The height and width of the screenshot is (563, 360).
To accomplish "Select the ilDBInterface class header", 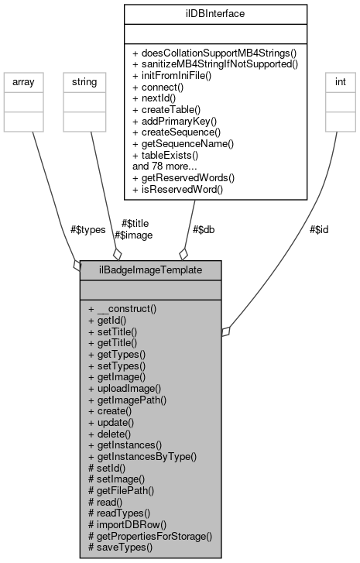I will pos(214,13).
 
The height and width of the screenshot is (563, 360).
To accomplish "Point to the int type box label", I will pos(338,80).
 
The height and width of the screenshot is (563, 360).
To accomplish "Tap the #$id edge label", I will pos(319,229).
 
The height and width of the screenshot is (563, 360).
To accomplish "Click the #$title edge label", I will pos(136,223).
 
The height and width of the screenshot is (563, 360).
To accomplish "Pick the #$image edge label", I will pos(133,235).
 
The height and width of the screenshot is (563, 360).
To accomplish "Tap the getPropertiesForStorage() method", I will pos(150,536).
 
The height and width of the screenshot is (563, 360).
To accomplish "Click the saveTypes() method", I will pos(121,548).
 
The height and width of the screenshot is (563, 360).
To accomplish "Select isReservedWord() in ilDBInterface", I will pos(179,189).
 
